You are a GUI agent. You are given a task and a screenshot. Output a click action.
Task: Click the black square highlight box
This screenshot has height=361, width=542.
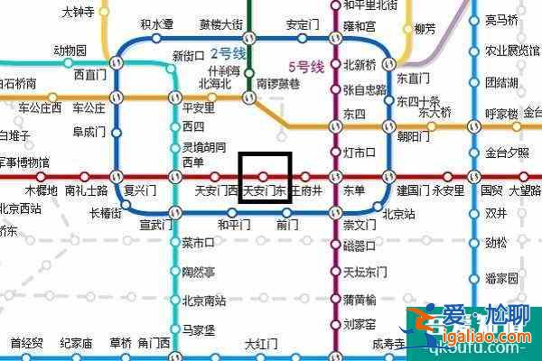click(x=265, y=177)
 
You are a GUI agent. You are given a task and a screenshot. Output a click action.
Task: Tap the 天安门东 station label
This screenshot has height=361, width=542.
click(x=265, y=192)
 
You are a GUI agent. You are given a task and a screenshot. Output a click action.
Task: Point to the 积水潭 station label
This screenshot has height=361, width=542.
click(x=157, y=25)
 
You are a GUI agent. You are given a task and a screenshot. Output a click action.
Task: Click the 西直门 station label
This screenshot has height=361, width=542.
click(x=90, y=75)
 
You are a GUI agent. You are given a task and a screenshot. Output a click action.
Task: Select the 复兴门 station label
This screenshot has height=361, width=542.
click(x=141, y=190)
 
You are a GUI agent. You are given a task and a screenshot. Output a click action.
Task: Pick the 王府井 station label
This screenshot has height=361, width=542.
click(x=306, y=191)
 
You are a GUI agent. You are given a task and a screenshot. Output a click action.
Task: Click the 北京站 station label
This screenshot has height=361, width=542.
click(x=398, y=215)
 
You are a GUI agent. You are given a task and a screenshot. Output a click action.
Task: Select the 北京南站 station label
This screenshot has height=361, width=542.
click(x=203, y=301)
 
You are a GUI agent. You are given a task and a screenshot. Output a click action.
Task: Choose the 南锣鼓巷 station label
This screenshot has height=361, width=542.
click(x=275, y=84)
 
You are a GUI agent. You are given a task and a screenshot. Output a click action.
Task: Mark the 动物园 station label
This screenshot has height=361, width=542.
click(x=70, y=50)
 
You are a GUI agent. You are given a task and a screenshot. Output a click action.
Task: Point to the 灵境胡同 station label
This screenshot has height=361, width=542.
click(x=201, y=146)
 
